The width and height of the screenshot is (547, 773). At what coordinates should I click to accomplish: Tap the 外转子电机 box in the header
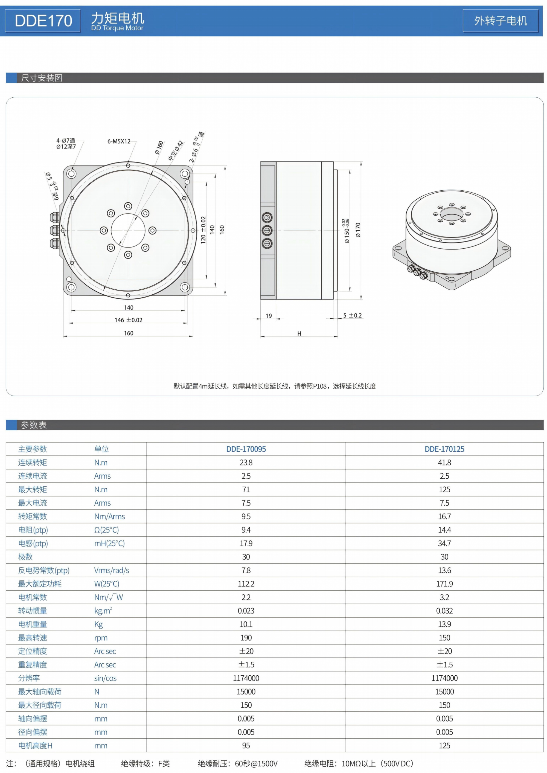(x=500, y=21)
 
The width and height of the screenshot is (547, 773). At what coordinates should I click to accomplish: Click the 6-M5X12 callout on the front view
(x=119, y=141)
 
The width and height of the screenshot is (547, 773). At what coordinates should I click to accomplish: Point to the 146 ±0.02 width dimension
(x=128, y=320)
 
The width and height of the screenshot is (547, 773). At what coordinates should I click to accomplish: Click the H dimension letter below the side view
(x=299, y=333)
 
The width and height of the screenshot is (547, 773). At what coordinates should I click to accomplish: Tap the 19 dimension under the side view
(x=269, y=316)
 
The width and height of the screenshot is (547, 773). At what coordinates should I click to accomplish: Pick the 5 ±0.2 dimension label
(x=352, y=315)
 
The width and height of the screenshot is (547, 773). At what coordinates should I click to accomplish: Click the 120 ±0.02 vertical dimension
(x=203, y=230)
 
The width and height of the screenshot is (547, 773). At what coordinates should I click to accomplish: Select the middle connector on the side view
(x=267, y=230)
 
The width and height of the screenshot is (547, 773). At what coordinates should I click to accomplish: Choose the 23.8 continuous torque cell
(x=246, y=463)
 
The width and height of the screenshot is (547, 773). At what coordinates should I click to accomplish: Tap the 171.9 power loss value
(x=444, y=584)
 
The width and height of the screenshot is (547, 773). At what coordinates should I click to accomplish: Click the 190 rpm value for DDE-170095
(x=246, y=638)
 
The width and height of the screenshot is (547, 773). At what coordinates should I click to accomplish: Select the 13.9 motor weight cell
(x=444, y=624)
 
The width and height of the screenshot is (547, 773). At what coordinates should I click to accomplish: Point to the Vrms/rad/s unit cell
(x=112, y=570)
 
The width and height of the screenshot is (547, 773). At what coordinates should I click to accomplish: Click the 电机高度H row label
(x=35, y=745)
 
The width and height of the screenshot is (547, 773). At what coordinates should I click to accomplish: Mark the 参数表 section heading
(x=34, y=425)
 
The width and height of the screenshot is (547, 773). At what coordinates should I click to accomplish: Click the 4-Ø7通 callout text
(x=66, y=140)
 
